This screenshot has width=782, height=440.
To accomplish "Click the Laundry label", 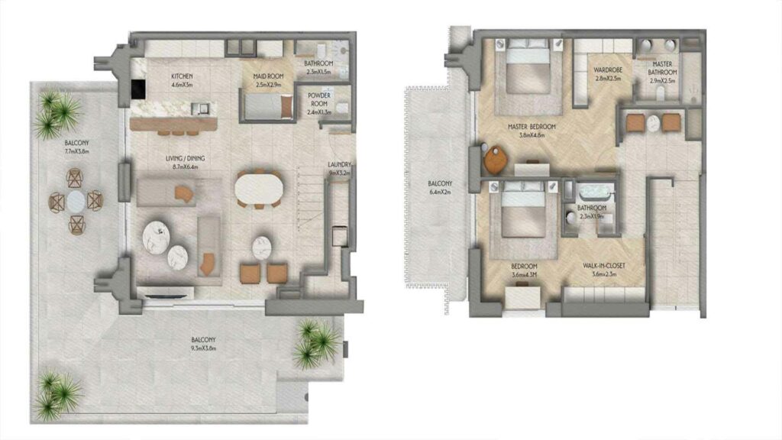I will tap(338, 169).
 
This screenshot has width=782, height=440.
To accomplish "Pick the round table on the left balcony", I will tap(76, 201).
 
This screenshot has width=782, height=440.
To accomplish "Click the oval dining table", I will tap(257, 188).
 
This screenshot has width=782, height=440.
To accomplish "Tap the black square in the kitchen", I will tap(138, 90).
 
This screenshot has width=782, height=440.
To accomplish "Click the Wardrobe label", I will tap(609, 74).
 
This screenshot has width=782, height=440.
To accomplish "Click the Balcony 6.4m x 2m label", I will tap(440, 188).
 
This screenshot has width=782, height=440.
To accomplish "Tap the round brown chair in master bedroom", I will tap(496, 160).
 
